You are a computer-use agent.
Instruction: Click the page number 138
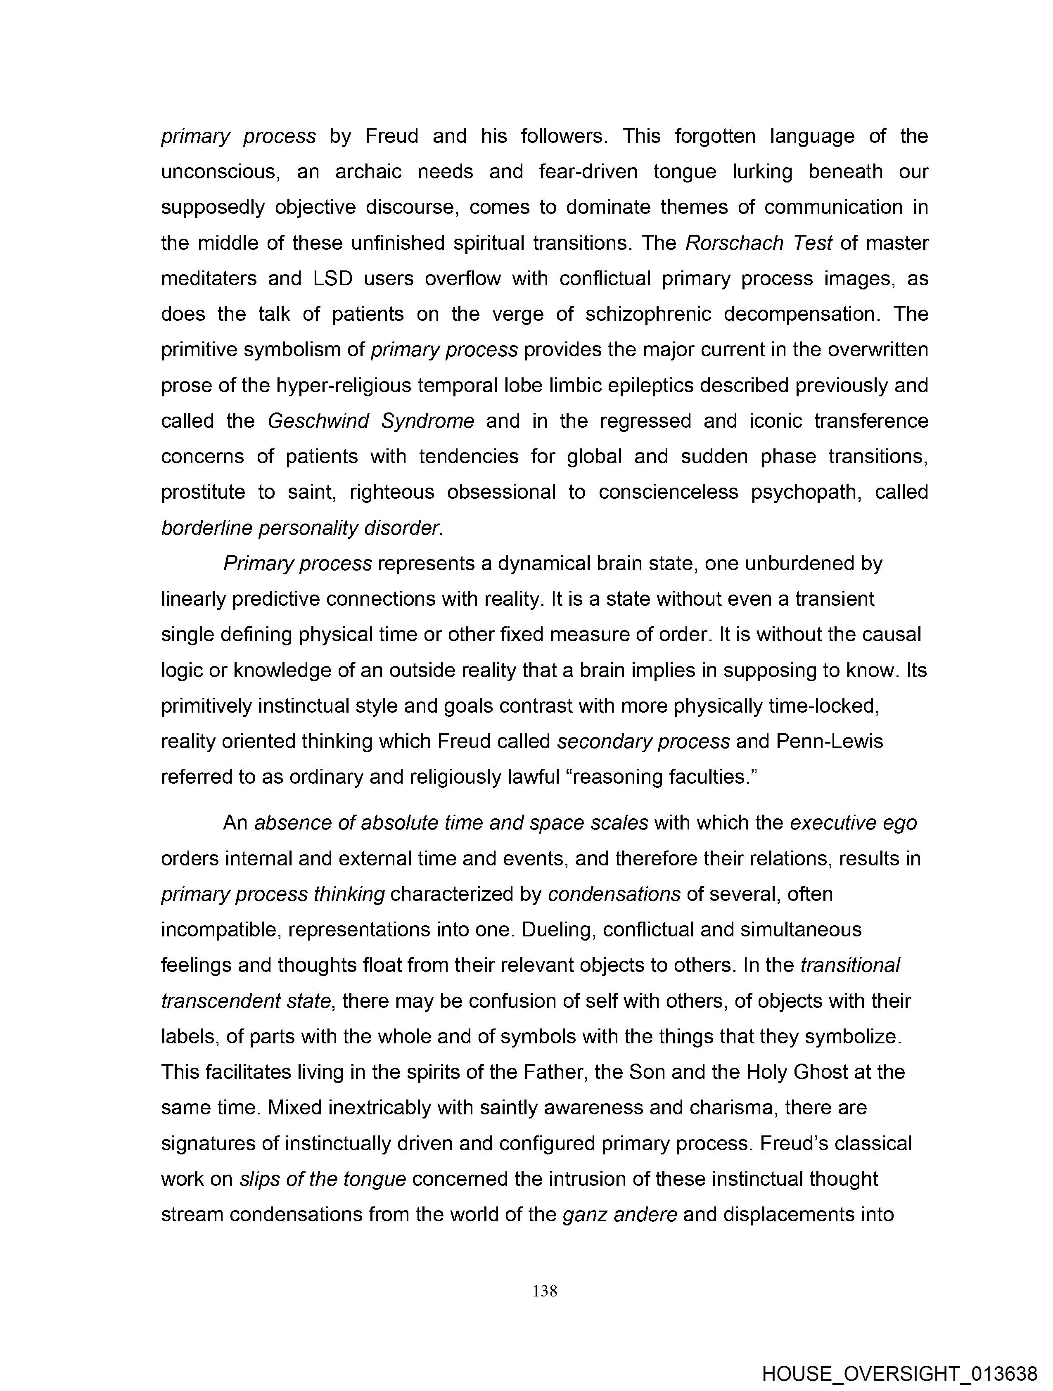[x=545, y=1291]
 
